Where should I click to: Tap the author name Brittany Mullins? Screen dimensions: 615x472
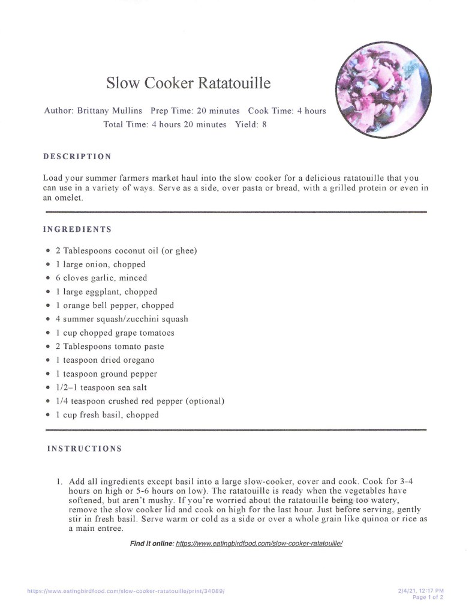(x=110, y=111)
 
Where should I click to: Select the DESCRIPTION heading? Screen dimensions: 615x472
(x=77, y=157)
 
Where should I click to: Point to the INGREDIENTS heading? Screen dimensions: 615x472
(x=77, y=229)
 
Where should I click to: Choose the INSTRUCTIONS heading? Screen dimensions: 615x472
(x=85, y=449)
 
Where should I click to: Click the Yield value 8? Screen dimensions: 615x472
(x=264, y=124)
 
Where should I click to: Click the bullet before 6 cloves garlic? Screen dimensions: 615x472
(x=48, y=278)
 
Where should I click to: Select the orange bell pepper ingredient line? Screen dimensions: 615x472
(x=115, y=305)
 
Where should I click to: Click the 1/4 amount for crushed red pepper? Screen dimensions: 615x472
(x=61, y=401)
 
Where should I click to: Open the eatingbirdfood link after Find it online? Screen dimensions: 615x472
(x=258, y=544)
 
